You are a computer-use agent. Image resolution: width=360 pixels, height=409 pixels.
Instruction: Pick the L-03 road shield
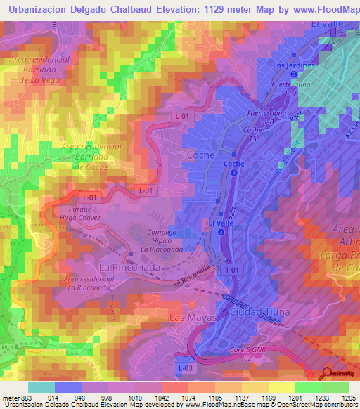pos(184,368)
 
